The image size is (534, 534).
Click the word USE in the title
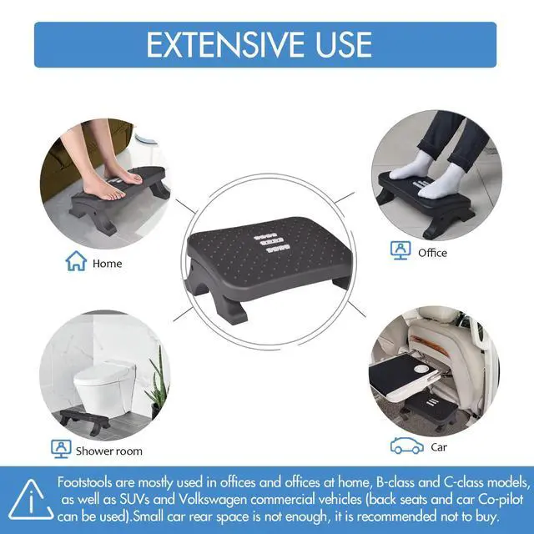pos(342,44)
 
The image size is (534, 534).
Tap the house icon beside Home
pos(77,262)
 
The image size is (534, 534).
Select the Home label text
pos(108,263)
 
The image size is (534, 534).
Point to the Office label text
pos(433,252)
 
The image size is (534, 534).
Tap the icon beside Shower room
pos(60,450)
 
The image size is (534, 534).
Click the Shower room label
pos(109,451)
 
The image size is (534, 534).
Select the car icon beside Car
pos(406,447)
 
